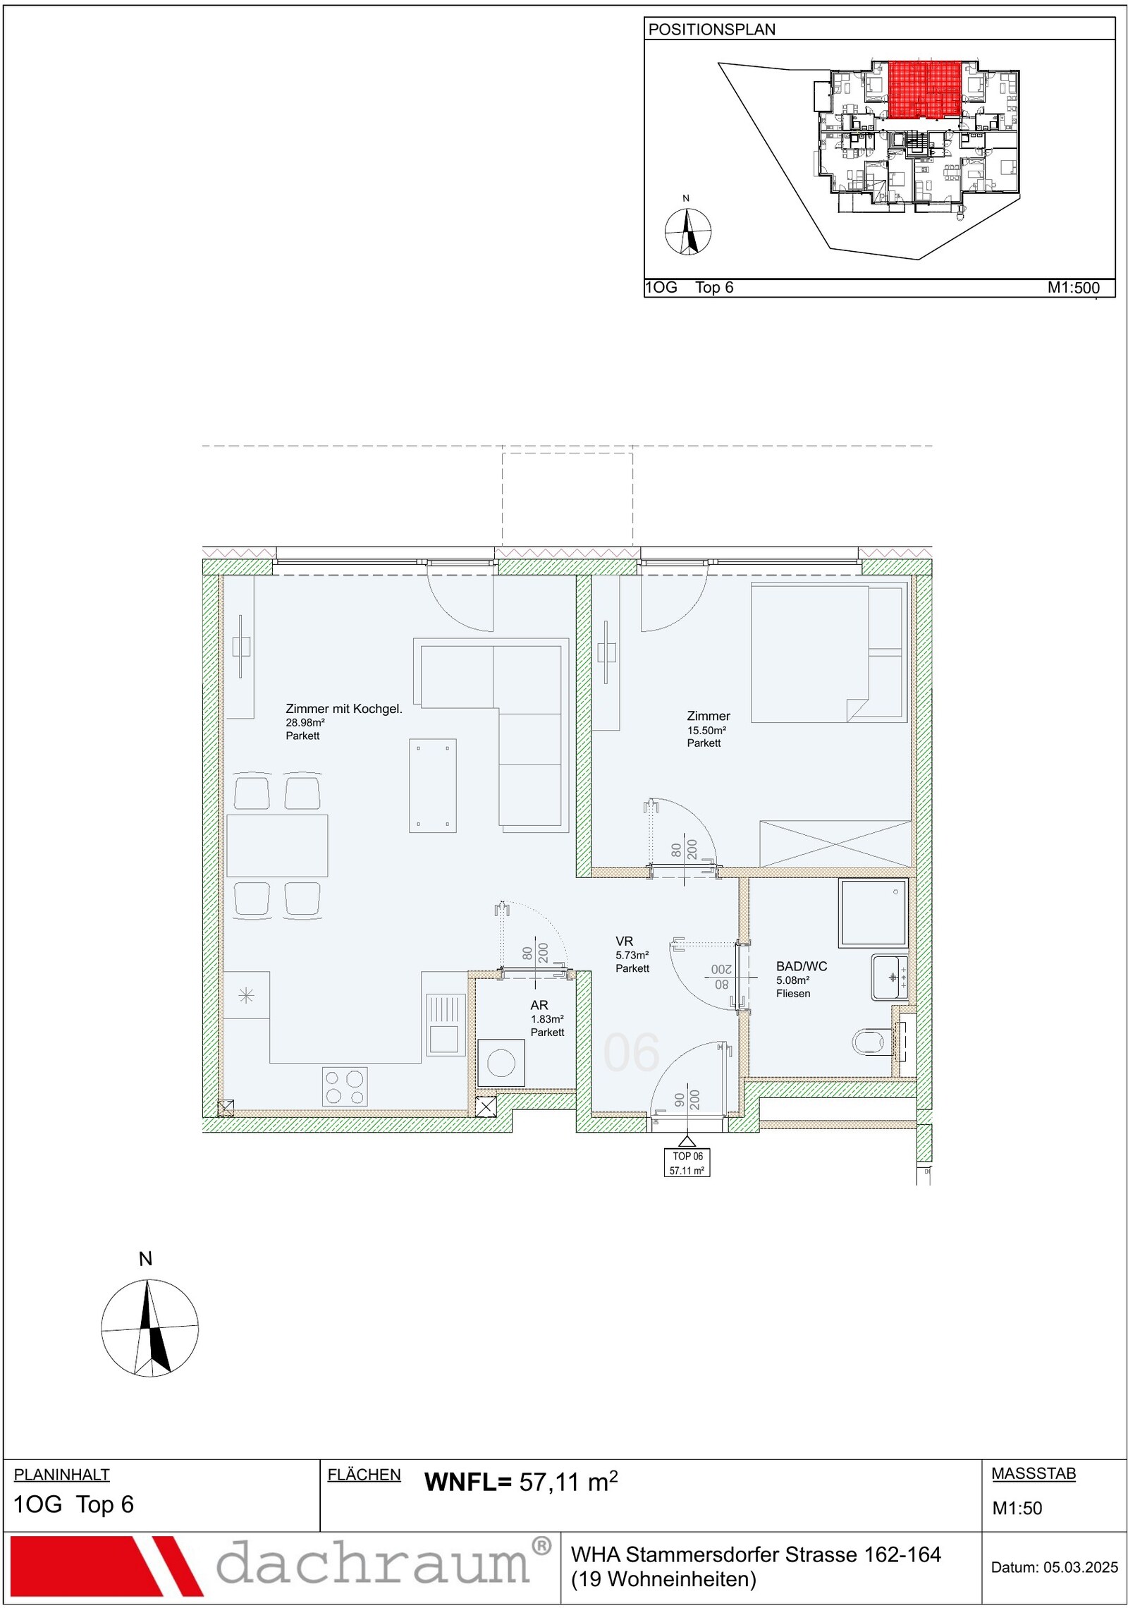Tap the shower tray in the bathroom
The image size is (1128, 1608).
(x=873, y=913)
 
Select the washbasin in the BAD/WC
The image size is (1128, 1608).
(x=890, y=977)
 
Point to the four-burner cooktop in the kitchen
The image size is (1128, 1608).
(x=345, y=1086)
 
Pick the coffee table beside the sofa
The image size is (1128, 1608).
(x=433, y=786)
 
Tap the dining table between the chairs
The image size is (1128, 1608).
(x=277, y=846)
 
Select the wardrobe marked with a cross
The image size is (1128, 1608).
(x=835, y=843)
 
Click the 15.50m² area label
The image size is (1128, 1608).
(x=706, y=731)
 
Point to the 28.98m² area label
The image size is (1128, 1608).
(x=305, y=723)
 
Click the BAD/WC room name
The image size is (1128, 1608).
(x=802, y=966)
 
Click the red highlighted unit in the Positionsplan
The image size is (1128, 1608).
(x=924, y=90)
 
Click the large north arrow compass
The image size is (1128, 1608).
(x=149, y=1327)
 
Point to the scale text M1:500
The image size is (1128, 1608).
(x=1074, y=288)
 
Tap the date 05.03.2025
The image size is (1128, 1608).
(x=1081, y=1567)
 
